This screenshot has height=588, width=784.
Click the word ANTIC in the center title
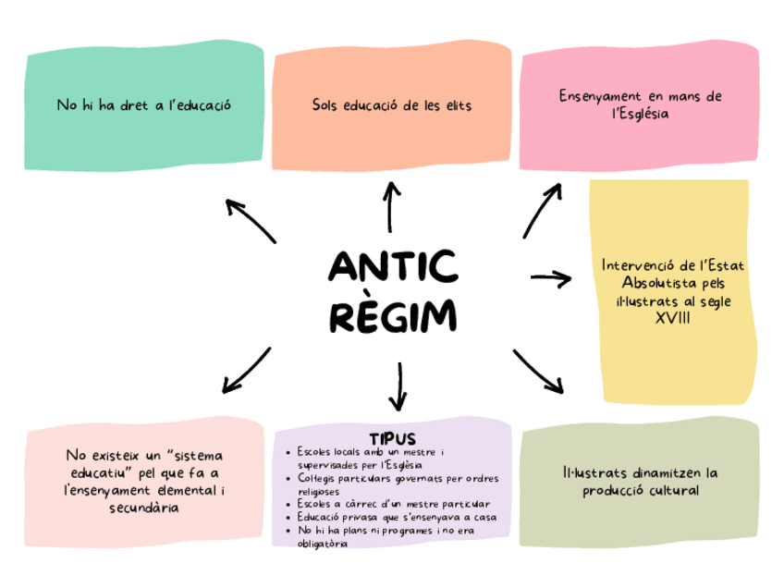click(393, 268)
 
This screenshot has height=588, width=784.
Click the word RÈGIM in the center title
click(393, 316)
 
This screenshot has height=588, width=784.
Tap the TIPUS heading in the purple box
click(392, 437)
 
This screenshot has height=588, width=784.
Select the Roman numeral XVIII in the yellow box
click(672, 318)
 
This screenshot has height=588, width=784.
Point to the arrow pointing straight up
click(392, 205)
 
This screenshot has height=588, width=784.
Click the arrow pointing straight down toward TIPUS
click(398, 386)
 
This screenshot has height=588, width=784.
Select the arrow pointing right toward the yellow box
click(552, 276)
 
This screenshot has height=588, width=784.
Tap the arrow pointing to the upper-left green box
click(251, 220)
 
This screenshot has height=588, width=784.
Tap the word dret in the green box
click(128, 105)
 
